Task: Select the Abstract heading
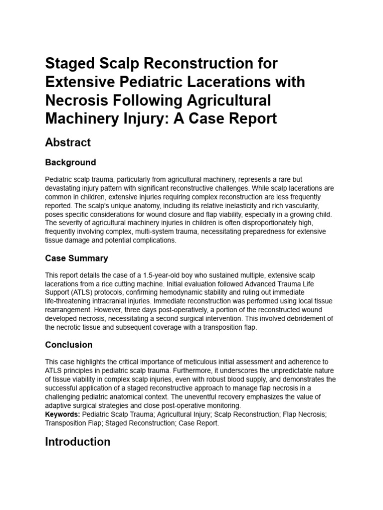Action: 68,142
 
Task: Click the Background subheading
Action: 70,162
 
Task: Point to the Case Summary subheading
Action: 76,258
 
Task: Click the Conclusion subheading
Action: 69,345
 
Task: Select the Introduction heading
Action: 78,441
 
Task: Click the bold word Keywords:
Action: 62,414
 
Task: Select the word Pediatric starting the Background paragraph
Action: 58,179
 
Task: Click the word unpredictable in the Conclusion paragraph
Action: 287,371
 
